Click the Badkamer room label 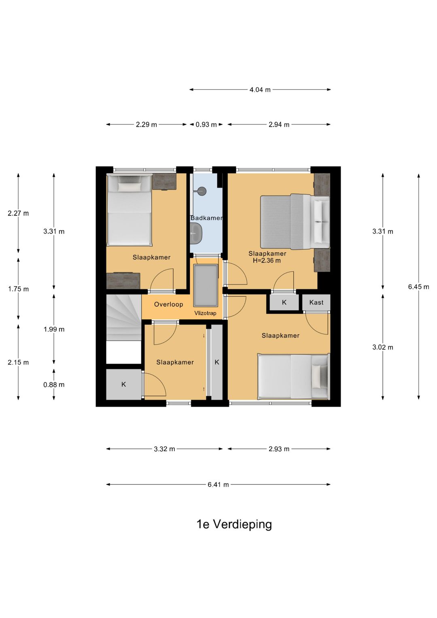(x=206, y=218)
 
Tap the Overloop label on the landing (x=169, y=304)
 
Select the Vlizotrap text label (x=205, y=313)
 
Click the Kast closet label (x=316, y=302)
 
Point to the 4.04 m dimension (x=260, y=90)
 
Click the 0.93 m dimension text (x=206, y=125)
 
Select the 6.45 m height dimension (x=418, y=287)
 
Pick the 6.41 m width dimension (x=218, y=485)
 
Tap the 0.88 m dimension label (x=54, y=384)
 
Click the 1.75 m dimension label (x=18, y=289)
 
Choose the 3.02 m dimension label (x=383, y=347)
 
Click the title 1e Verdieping (x=234, y=524)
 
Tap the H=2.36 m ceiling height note (x=267, y=261)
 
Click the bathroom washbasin (x=196, y=233)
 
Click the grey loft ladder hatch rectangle (x=206, y=285)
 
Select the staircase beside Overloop (x=124, y=318)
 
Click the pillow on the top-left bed (x=129, y=187)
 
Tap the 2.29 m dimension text (x=146, y=125)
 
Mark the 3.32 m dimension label (x=164, y=449)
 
